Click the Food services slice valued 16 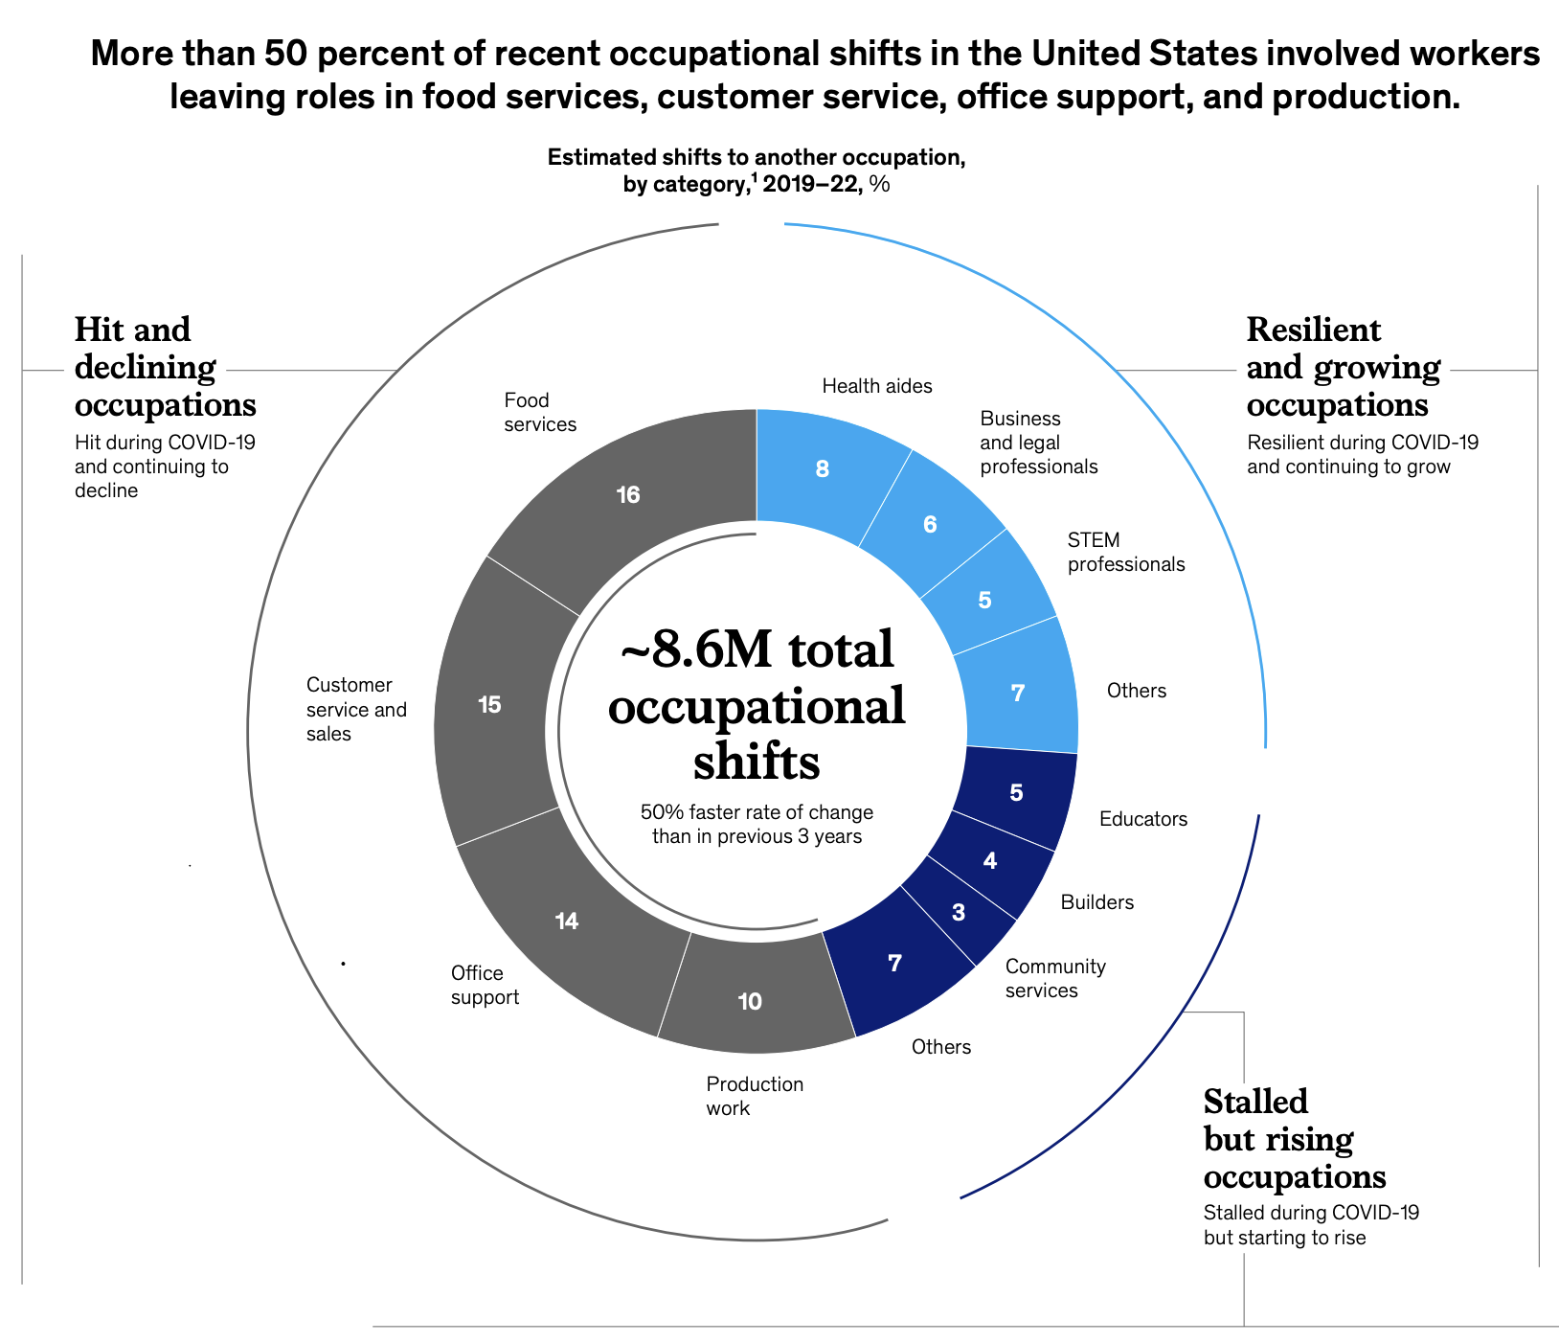628,495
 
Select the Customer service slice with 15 489,705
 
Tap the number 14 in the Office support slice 567,922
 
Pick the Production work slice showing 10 750,1002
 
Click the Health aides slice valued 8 822,469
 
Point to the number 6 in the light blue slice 930,525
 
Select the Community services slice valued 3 959,913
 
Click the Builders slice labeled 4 990,861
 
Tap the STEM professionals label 1125,553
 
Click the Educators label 1142,819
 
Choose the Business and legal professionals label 1038,443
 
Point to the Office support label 485,986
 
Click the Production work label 754,1096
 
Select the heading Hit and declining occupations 165,367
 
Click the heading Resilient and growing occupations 1342,367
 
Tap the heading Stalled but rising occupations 1294,1139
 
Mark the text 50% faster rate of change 757,812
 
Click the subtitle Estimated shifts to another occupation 756,157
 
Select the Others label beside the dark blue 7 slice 940,1047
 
